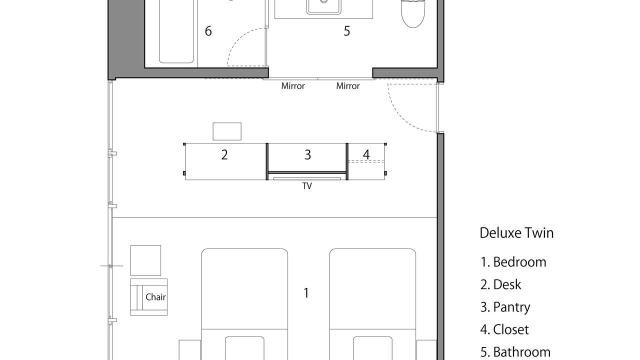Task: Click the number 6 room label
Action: [208, 31]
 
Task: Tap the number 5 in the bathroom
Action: [346, 31]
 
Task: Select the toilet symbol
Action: [413, 13]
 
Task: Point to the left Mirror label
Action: [293, 86]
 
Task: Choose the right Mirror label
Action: [347, 86]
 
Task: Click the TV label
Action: [307, 186]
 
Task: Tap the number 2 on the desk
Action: [224, 155]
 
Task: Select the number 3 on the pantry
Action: [307, 155]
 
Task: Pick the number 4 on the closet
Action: [366, 155]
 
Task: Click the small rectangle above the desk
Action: [227, 131]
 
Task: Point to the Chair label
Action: [155, 297]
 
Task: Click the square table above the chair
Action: [145, 260]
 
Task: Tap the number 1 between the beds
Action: [306, 293]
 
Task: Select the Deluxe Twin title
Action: [516, 233]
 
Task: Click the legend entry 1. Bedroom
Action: [513, 262]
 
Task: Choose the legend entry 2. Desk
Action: [500, 284]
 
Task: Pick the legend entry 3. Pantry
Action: [505, 307]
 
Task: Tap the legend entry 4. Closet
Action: [504, 329]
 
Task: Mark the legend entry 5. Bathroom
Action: [515, 352]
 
